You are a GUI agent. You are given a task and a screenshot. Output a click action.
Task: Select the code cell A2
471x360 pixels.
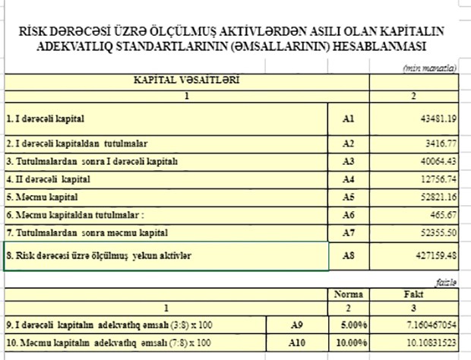pos(349,143)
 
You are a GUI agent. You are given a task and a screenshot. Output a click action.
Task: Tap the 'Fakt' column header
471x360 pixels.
pos(413,294)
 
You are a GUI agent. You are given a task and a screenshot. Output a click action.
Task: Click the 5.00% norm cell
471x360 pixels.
pos(353,324)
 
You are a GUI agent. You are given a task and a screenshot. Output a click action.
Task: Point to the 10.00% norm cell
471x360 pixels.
pos(352,343)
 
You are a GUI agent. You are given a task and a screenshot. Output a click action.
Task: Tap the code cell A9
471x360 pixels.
pos(296,324)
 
